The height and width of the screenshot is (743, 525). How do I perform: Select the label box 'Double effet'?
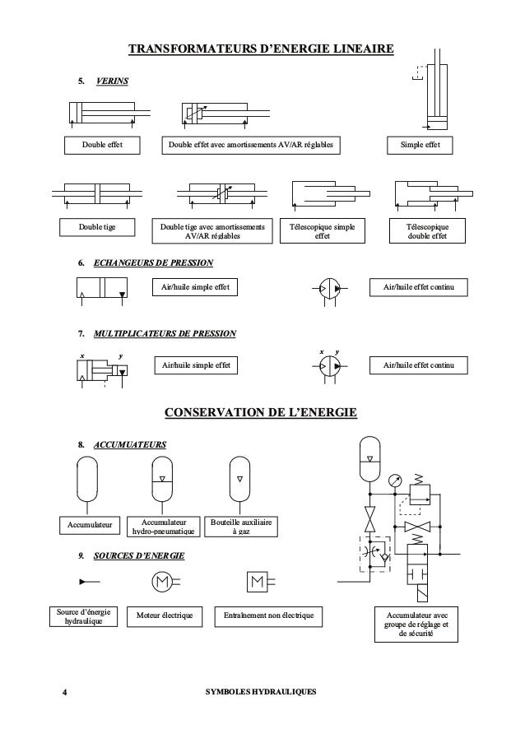tap(102, 146)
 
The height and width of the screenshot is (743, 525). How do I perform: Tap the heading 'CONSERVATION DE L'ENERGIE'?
tap(262, 411)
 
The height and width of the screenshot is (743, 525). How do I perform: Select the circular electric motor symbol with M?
tap(161, 582)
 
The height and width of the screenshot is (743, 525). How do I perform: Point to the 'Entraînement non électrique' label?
tap(267, 615)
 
